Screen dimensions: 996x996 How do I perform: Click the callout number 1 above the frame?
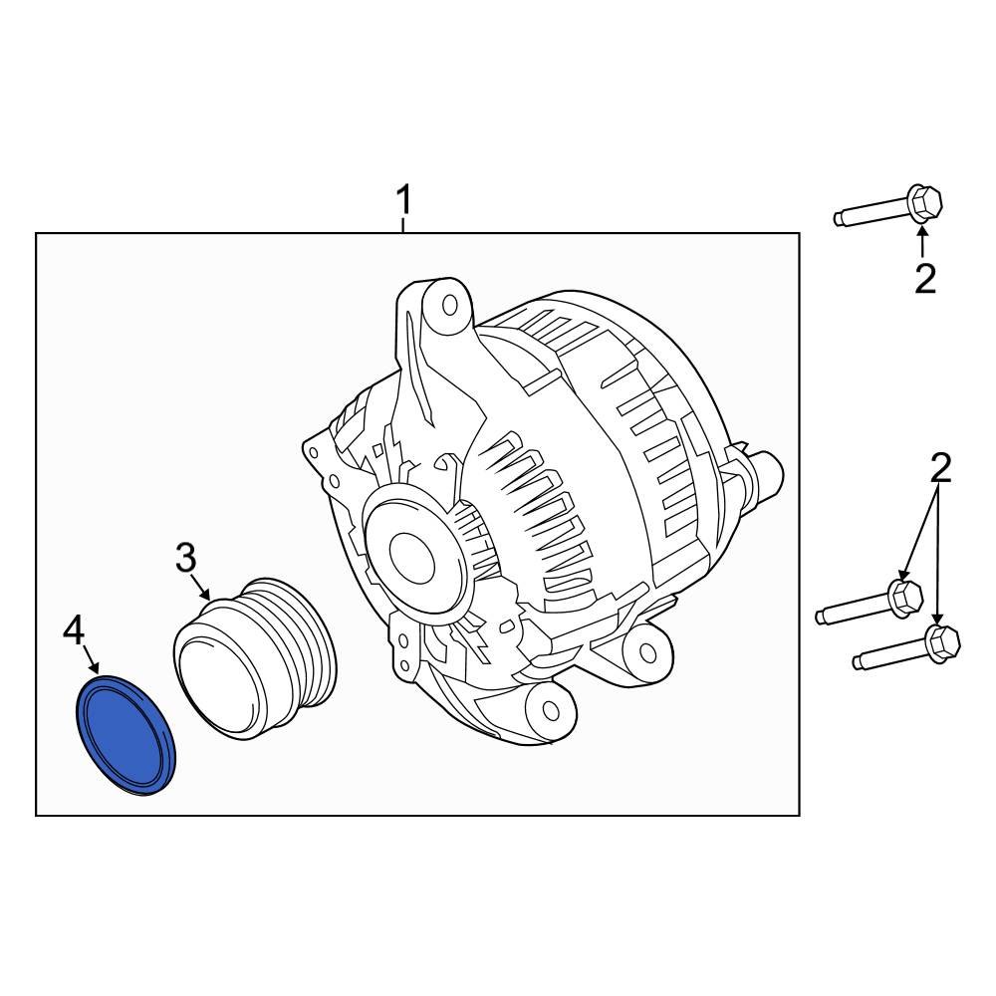pos(403,201)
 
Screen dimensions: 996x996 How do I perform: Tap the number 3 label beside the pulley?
pos(186,560)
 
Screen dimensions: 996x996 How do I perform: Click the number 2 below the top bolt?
pos(925,279)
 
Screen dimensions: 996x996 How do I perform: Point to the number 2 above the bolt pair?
pos(940,466)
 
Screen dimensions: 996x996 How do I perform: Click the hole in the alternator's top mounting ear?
pos(448,305)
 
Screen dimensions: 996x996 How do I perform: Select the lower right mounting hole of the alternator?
pos(648,652)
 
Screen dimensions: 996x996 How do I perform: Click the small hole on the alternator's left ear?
pos(315,452)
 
